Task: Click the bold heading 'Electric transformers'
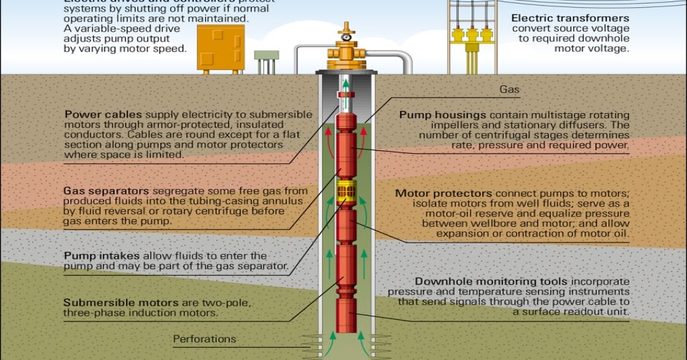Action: point(570,18)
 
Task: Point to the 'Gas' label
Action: point(509,91)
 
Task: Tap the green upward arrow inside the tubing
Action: point(346,85)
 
